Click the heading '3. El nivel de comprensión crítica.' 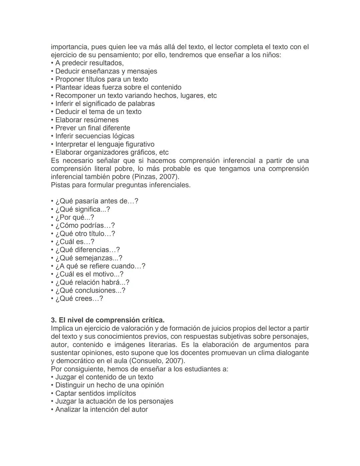tap(108, 320)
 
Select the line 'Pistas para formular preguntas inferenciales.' tap(121, 185)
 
